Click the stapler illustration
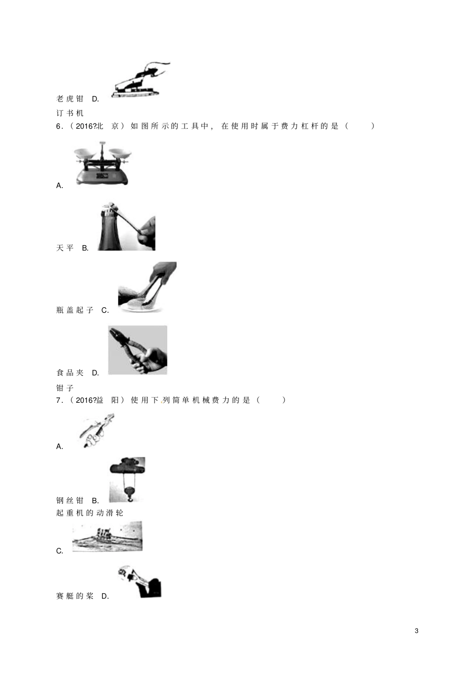click(x=140, y=80)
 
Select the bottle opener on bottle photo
click(x=126, y=226)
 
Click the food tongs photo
click(x=147, y=287)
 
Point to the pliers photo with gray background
click(x=137, y=350)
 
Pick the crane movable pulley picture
click(x=127, y=480)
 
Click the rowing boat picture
click(x=107, y=536)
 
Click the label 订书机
click(x=69, y=113)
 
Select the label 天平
click(x=65, y=248)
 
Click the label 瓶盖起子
click(x=75, y=310)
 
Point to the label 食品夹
click(x=69, y=373)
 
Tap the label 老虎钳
click(x=69, y=99)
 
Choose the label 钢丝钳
click(x=69, y=500)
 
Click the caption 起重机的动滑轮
click(x=90, y=513)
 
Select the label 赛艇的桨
click(x=75, y=596)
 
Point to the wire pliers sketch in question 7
click(x=96, y=431)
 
